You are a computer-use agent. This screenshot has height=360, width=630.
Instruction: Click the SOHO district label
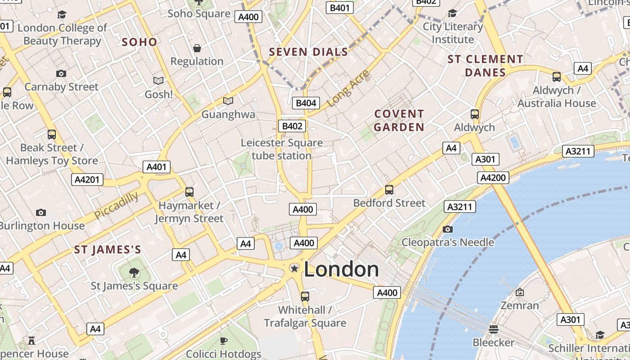click(139, 42)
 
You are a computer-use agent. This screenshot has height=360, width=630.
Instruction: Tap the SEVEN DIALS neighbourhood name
click(308, 52)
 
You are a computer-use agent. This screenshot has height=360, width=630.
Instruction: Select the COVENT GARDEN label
click(399, 121)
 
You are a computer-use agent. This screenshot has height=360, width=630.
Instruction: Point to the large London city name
click(342, 269)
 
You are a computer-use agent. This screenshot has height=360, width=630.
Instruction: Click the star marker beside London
click(294, 269)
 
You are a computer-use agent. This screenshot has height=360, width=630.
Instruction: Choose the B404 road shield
click(306, 103)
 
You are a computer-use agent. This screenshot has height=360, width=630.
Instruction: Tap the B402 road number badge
click(292, 126)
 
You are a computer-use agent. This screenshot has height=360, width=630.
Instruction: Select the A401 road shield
click(157, 167)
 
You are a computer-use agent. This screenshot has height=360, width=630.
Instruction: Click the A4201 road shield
click(87, 180)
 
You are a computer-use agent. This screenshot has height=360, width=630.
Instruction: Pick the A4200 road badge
click(493, 178)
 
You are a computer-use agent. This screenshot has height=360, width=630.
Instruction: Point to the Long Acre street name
click(348, 89)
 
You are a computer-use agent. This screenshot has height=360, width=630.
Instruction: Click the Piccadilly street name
click(117, 205)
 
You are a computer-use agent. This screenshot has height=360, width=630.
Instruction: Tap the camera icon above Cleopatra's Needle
click(447, 229)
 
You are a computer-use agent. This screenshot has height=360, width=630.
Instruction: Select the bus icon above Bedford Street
click(389, 190)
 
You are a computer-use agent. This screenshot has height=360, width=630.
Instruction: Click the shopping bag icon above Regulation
click(197, 48)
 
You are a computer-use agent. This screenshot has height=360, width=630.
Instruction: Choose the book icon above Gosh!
click(158, 81)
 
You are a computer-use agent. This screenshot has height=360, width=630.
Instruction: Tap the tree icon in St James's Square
click(134, 272)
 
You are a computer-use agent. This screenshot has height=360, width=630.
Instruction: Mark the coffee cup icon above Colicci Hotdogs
click(223, 341)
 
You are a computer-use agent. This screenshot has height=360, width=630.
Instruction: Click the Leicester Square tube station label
click(282, 149)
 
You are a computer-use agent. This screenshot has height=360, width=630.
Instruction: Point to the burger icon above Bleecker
click(493, 329)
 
